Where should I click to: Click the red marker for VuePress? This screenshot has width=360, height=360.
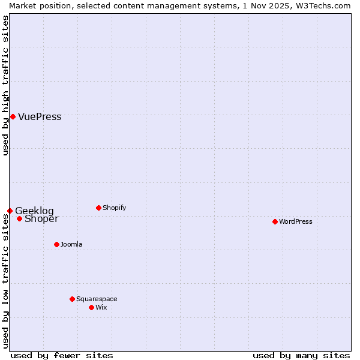click(13, 116)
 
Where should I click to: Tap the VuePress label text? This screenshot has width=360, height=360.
click(40, 117)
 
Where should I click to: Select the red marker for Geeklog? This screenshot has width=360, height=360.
click(10, 211)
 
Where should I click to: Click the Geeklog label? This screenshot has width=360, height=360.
click(34, 211)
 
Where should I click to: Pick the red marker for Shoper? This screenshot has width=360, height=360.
click(19, 218)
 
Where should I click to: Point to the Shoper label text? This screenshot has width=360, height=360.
click(41, 219)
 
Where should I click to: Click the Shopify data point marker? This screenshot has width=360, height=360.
click(98, 208)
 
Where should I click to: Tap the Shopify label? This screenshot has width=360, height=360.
click(114, 208)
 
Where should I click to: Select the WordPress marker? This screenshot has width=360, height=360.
click(275, 221)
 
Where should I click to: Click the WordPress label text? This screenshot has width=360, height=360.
click(296, 222)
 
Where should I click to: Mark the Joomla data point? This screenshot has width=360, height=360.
click(56, 244)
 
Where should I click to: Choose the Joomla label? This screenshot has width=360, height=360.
click(71, 245)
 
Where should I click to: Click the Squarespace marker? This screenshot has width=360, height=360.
click(72, 299)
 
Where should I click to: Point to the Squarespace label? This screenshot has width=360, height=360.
click(97, 299)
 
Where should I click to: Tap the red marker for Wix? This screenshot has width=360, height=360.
click(91, 307)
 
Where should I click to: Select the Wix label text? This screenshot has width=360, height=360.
click(101, 308)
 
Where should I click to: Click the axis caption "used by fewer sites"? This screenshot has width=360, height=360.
click(62, 355)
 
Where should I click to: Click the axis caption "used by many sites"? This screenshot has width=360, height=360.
click(301, 355)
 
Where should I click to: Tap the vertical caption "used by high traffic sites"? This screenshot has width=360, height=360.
click(5, 85)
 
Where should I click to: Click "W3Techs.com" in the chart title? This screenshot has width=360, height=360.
click(322, 5)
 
